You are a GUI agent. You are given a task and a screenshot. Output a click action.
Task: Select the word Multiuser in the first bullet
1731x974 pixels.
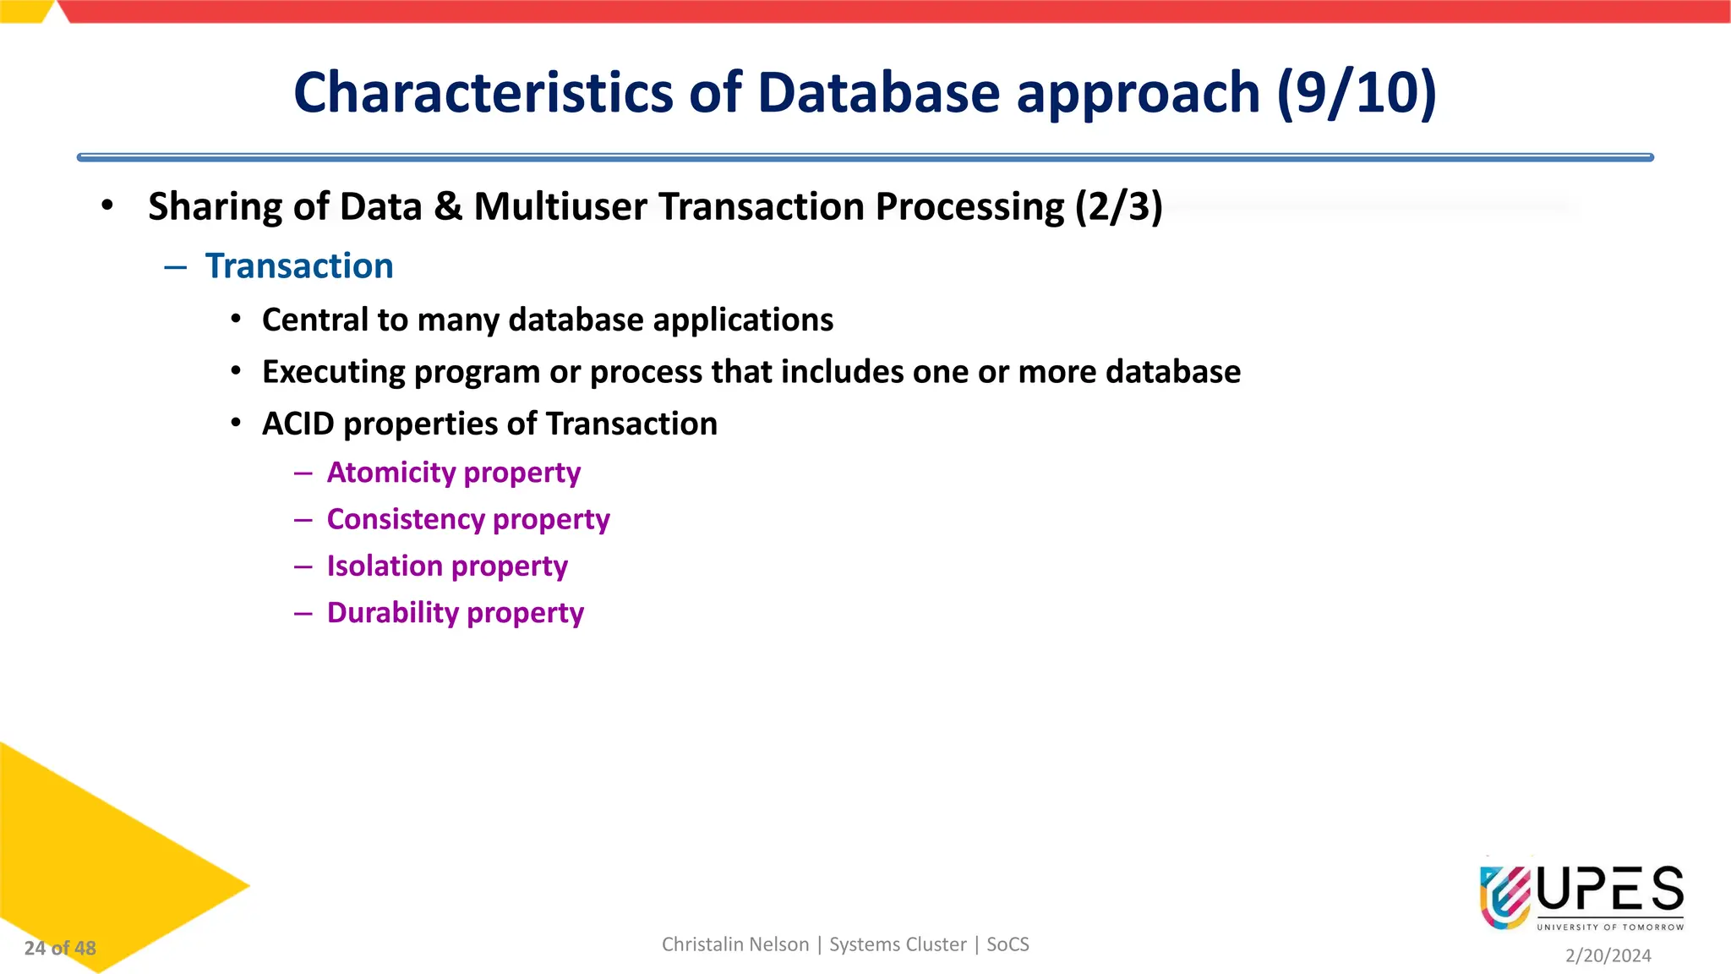[560, 206]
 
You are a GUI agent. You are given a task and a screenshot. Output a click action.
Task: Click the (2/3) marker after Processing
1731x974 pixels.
[1118, 206]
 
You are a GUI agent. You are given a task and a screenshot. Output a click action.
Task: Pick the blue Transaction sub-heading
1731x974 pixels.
[299, 265]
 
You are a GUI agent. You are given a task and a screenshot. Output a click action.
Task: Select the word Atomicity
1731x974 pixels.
[391, 472]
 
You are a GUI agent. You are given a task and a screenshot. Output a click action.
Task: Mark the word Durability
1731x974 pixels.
[392, 612]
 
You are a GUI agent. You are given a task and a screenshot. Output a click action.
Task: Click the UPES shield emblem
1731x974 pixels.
[1504, 897]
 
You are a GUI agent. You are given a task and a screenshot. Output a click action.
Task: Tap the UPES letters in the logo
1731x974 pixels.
[1610, 889]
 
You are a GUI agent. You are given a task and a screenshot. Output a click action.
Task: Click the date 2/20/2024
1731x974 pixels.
[1608, 955]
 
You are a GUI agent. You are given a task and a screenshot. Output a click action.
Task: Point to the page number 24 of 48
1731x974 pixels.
[60, 948]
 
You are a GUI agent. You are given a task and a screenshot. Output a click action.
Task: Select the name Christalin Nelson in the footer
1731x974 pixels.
[734, 944]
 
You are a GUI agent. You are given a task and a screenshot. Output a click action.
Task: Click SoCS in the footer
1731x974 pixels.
[1007, 944]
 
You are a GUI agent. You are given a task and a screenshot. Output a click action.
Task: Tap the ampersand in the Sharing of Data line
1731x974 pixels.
[448, 207]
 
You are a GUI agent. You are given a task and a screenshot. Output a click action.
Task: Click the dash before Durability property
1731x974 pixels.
[303, 613]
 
